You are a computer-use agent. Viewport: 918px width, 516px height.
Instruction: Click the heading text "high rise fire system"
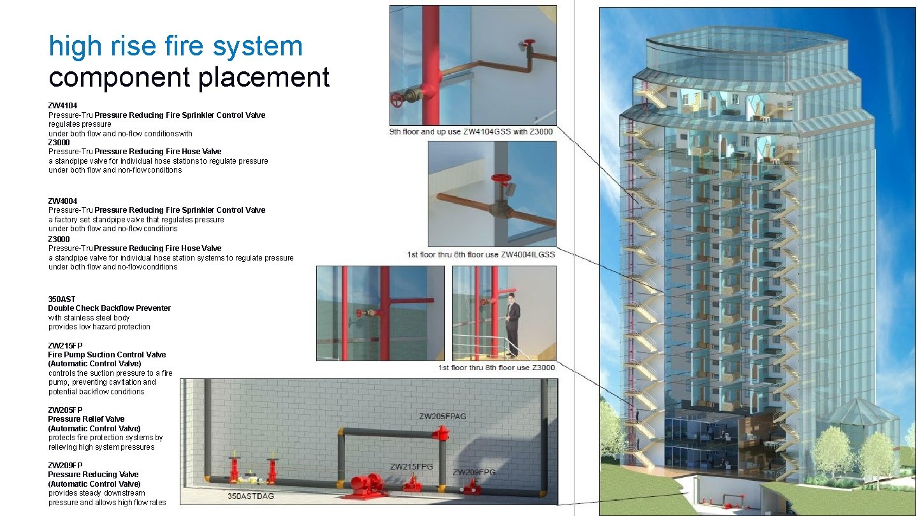pyautogui.click(x=175, y=46)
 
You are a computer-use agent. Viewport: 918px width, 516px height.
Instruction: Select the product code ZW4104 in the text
pyautogui.click(x=62, y=105)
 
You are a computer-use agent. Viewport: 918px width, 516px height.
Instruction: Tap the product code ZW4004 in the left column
pyautogui.click(x=62, y=201)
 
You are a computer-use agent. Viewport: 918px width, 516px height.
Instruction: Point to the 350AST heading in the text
pyautogui.click(x=61, y=299)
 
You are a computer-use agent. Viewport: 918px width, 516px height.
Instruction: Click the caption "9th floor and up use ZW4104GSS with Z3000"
pyautogui.click(x=471, y=132)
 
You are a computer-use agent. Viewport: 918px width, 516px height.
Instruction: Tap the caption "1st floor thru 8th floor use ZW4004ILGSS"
pyautogui.click(x=481, y=254)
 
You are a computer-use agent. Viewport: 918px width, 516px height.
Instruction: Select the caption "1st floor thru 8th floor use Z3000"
pyautogui.click(x=497, y=368)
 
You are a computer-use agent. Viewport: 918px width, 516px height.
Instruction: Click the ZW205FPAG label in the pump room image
pyautogui.click(x=442, y=417)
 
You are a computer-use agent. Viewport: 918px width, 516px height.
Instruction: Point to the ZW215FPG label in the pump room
pyautogui.click(x=411, y=466)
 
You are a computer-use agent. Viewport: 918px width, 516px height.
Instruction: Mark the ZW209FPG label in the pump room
pyautogui.click(x=474, y=472)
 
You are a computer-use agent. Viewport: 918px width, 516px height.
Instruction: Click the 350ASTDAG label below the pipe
pyautogui.click(x=251, y=496)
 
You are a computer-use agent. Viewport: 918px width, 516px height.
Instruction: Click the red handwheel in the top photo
pyautogui.click(x=397, y=101)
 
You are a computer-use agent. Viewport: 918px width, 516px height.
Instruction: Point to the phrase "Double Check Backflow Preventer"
pyautogui.click(x=109, y=308)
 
